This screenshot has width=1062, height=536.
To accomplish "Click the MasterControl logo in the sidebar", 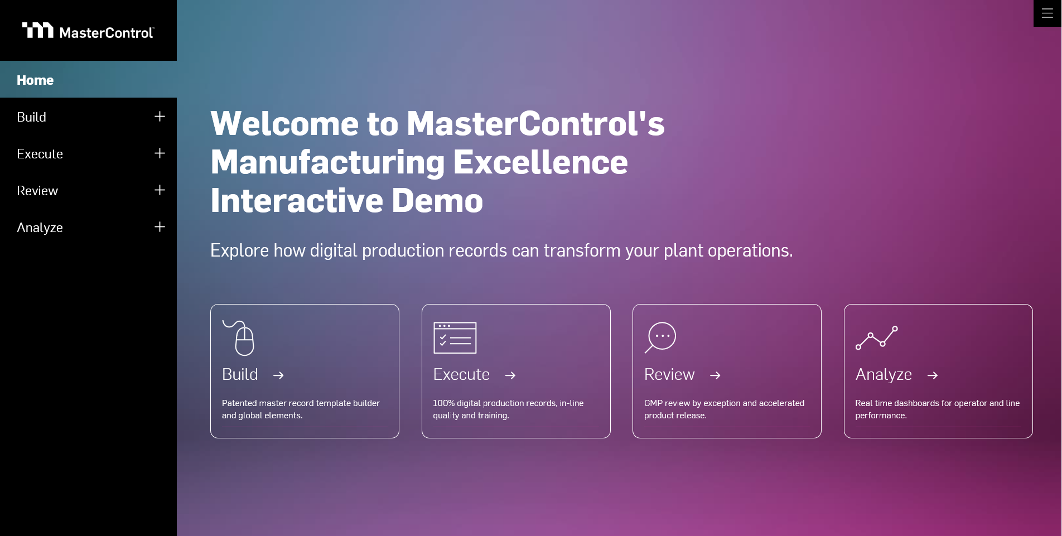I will coord(88,31).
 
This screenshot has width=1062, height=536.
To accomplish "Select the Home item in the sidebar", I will coord(35,80).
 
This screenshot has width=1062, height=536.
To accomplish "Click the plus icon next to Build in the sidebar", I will coord(160,117).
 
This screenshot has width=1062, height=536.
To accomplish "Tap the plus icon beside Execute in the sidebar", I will coord(160,153).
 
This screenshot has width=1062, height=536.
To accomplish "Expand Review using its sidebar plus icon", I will coord(160,190).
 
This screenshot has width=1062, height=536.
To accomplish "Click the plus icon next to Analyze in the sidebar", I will coord(160,227).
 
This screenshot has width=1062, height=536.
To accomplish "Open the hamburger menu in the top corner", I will coord(1047,13).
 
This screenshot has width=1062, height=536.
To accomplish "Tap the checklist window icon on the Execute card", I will coord(455,338).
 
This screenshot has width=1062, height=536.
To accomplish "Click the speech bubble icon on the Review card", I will coord(661,337).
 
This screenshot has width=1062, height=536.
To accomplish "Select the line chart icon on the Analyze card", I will coord(876,338).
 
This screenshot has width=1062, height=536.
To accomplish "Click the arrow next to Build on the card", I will coord(278,375).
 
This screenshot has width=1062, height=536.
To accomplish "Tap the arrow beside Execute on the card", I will coord(510,375).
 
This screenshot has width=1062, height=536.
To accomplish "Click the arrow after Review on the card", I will coord(715,375).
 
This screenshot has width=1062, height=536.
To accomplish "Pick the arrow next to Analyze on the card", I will coord(932,375).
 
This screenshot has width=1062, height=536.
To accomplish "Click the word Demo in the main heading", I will coord(437,201).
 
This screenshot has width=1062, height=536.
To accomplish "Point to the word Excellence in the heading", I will coord(540,162).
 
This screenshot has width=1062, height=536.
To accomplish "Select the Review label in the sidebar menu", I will coord(37,191).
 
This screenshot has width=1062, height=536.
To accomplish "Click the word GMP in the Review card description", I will coord(653,403).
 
